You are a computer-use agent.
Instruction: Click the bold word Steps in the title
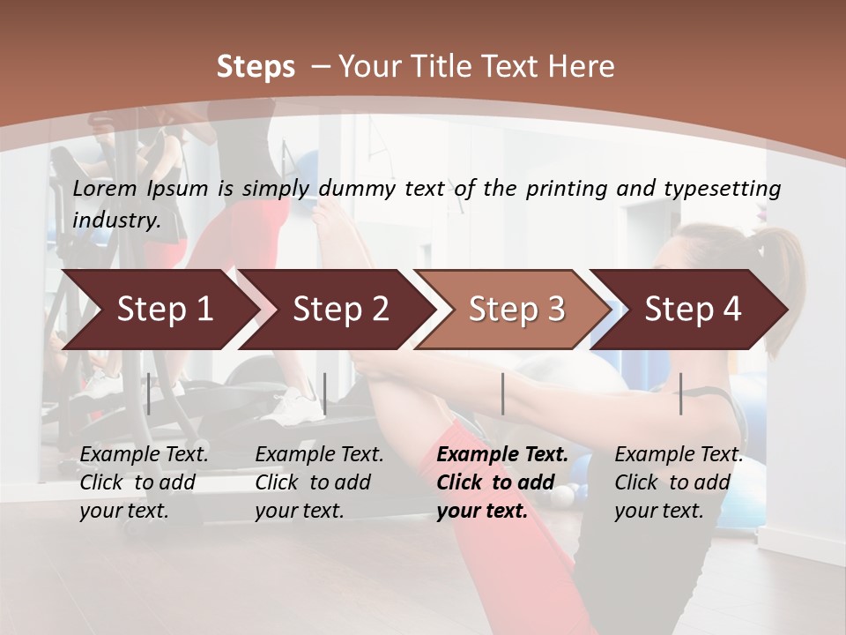tap(256, 67)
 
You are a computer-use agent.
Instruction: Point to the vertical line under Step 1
tap(149, 393)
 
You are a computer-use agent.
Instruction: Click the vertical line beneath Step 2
tap(325, 393)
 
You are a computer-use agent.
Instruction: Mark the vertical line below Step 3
tap(503, 393)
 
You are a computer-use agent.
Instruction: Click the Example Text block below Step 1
tap(144, 482)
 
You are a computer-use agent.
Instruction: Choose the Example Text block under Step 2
tap(319, 482)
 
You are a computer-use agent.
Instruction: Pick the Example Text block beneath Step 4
tap(679, 482)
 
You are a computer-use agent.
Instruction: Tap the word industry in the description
tap(116, 220)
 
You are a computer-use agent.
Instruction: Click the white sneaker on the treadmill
tap(296, 407)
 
